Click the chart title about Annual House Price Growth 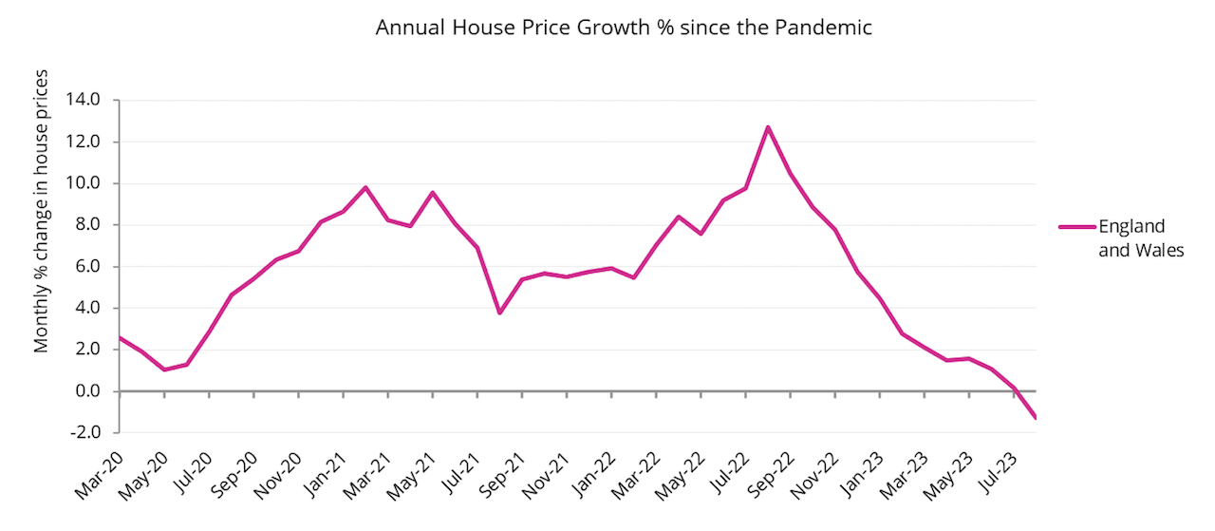tap(623, 28)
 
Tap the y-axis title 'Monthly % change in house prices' tap(42, 211)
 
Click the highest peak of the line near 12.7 tap(768, 127)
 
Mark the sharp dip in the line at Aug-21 tap(499, 313)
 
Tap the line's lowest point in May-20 tap(164, 370)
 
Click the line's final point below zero tap(1035, 418)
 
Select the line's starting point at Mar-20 tap(119, 337)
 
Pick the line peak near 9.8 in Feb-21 tap(365, 187)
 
